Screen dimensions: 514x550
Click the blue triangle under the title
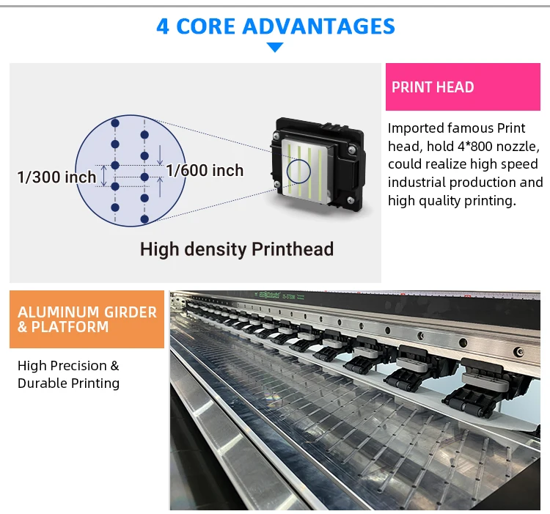(x=275, y=48)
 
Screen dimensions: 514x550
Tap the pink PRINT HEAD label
(x=433, y=87)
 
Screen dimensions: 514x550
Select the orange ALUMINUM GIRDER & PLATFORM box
(x=87, y=319)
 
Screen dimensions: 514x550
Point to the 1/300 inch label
(x=56, y=177)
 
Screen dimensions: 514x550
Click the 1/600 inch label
(x=205, y=170)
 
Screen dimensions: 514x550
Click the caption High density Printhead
(x=237, y=249)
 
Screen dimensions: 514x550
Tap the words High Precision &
(x=68, y=366)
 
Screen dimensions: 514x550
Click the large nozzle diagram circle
(x=130, y=170)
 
